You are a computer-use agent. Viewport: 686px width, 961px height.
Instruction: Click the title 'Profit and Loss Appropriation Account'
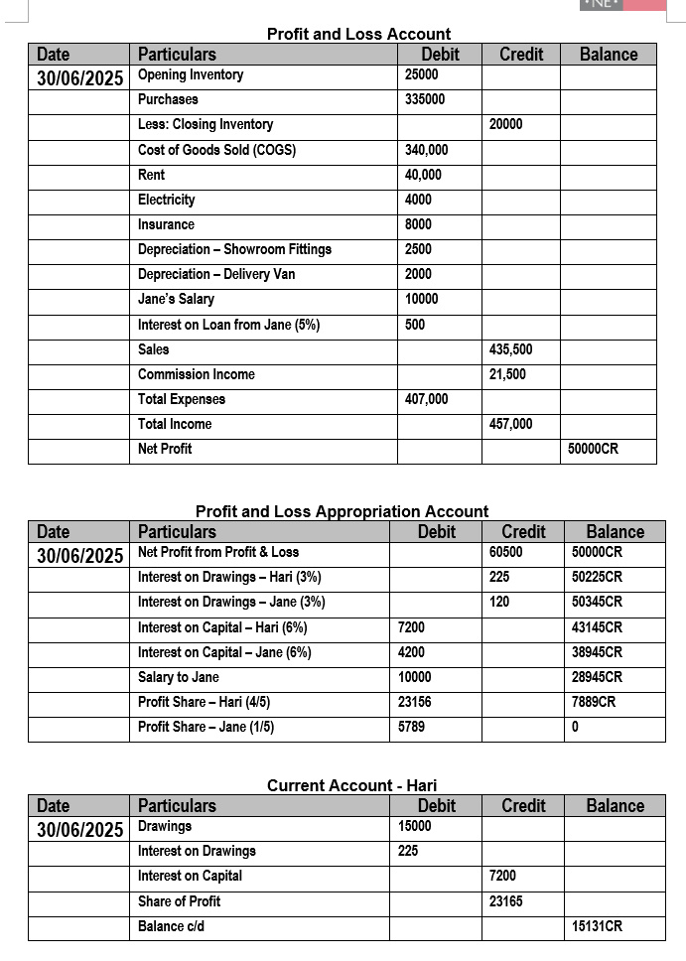pos(342,511)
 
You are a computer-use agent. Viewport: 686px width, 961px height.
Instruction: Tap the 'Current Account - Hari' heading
pos(351,785)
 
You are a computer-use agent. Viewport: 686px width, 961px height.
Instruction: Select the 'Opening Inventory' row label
pos(191,75)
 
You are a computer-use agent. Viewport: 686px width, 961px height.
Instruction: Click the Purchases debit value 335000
pos(425,100)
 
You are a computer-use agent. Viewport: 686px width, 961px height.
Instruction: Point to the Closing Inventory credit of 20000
pos(506,125)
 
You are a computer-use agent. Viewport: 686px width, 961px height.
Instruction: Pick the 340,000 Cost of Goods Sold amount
pos(427,150)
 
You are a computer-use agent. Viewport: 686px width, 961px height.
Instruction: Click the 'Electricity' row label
pos(166,200)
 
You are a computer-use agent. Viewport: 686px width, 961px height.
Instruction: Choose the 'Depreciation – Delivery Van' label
pos(216,274)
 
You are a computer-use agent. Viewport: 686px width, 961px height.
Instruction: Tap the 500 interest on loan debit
pos(416,325)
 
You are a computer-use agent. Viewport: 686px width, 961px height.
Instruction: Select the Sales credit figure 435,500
pos(511,349)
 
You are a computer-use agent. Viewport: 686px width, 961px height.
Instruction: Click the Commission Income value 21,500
pos(508,374)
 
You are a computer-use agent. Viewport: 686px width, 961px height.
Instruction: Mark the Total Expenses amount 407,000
pos(427,399)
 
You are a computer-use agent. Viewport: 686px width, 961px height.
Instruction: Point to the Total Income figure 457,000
pos(511,424)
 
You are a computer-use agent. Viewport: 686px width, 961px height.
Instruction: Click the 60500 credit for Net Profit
pos(506,552)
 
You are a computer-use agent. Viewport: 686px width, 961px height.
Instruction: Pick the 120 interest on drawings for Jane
pos(499,602)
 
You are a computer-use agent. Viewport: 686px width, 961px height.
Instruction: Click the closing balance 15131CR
pos(598,926)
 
